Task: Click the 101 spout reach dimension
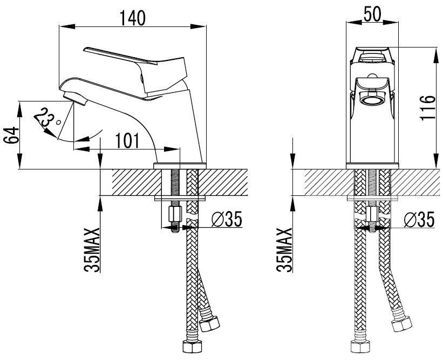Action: (x=127, y=141)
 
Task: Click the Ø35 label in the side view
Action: (x=226, y=219)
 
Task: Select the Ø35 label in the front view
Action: (x=419, y=219)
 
